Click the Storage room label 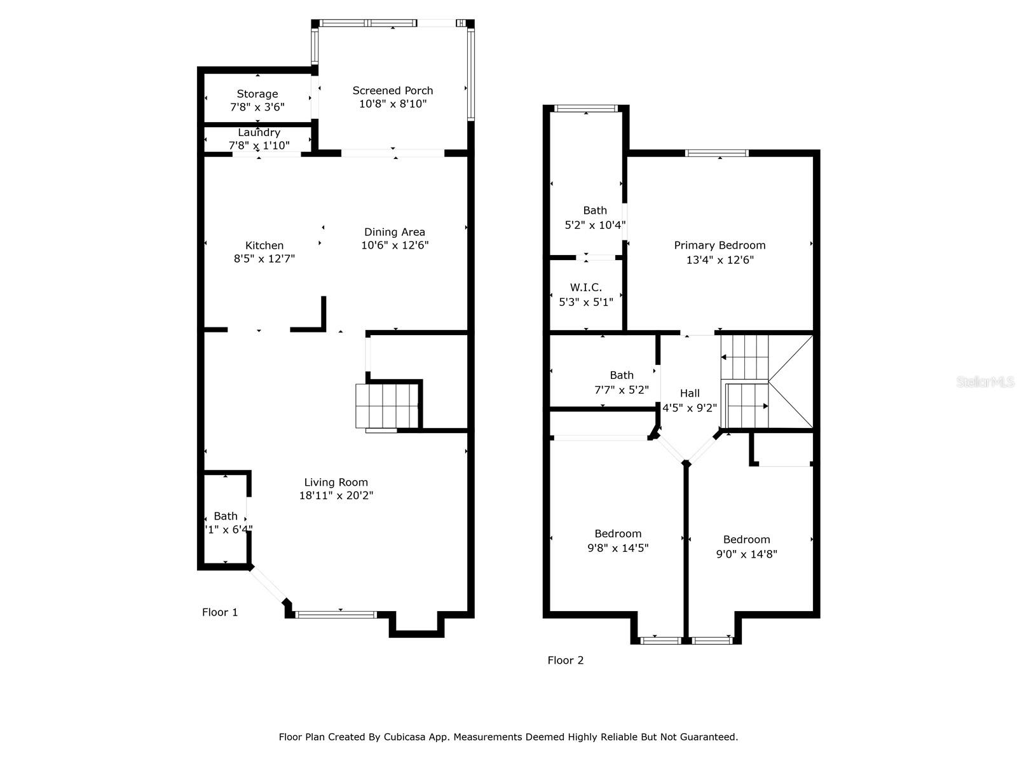coord(257,94)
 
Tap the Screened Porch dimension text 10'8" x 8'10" coord(393,104)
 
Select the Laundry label coord(259,132)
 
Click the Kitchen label coord(264,245)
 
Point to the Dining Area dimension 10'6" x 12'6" coord(395,245)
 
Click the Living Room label coord(336,482)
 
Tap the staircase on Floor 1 coord(386,406)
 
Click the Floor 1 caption coord(220,612)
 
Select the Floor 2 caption coord(566,660)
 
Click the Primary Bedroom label coord(720,245)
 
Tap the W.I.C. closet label coord(586,287)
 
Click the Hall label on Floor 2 coord(690,394)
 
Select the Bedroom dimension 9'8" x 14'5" coord(618,548)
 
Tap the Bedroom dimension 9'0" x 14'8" coord(747,554)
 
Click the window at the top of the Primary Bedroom coord(717,153)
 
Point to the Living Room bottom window coord(336,614)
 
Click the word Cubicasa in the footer coord(404,737)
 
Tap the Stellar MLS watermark coord(985,381)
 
